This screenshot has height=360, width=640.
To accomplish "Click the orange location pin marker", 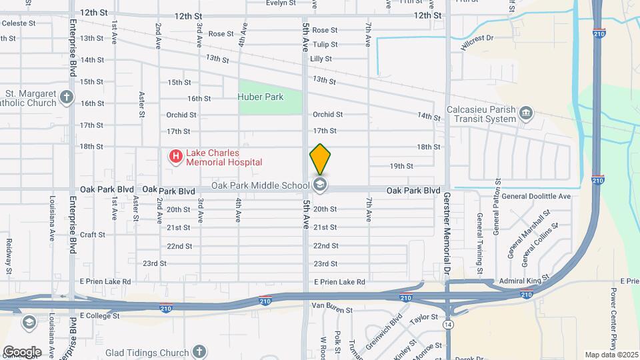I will tap(320, 159).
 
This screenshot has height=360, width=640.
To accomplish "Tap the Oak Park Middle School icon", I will tap(320, 185).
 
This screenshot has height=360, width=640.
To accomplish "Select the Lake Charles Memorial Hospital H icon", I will tap(175, 157).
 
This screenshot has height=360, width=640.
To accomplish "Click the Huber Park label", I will tap(261, 97).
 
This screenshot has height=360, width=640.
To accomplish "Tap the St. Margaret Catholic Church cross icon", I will tap(66, 97).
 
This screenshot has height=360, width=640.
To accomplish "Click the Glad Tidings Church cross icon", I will tap(199, 351).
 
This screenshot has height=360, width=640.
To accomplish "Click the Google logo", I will tap(21, 351).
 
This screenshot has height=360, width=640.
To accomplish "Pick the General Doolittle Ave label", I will tap(536, 196).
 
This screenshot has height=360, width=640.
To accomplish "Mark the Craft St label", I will tap(93, 235).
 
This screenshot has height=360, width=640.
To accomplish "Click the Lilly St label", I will tap(321, 59).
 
